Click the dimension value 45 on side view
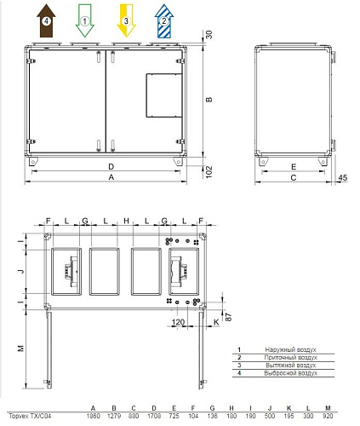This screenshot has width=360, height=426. pyautogui.click(x=342, y=177)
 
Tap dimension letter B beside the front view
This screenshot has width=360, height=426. pyautogui.click(x=209, y=100)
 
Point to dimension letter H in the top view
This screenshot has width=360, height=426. pyautogui.click(x=125, y=221)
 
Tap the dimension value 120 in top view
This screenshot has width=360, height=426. pyautogui.click(x=178, y=324)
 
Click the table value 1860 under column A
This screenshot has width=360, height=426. pyautogui.click(x=93, y=415)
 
